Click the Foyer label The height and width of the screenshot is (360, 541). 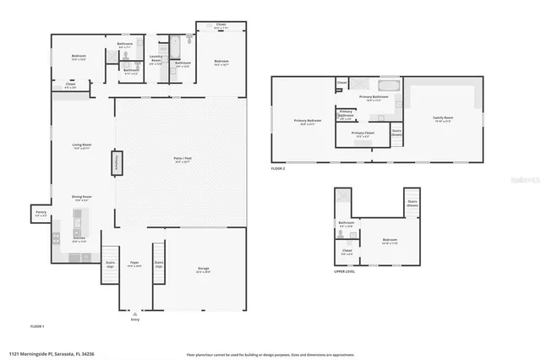134,264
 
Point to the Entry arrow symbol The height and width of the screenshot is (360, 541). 134,313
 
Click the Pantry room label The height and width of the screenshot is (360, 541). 41,214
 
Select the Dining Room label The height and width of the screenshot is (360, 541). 81,198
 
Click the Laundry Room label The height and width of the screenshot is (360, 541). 156,60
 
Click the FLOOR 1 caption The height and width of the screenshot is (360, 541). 37,325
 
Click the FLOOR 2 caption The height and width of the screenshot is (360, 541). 280,168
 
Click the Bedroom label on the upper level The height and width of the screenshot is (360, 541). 389,241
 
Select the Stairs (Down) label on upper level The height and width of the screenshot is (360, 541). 413,203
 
